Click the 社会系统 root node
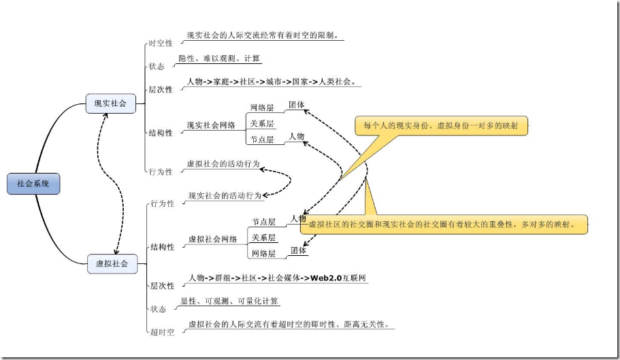click(33, 184)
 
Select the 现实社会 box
click(110, 104)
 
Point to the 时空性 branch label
click(161, 44)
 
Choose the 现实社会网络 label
click(211, 125)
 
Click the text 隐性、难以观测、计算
click(219, 59)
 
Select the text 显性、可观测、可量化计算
click(229, 301)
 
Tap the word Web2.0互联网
click(339, 278)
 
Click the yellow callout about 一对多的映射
click(441, 126)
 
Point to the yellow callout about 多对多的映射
click(442, 224)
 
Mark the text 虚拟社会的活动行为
click(223, 164)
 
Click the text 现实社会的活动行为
click(225, 195)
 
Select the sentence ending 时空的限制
click(263, 35)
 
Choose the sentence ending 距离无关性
click(289, 324)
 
